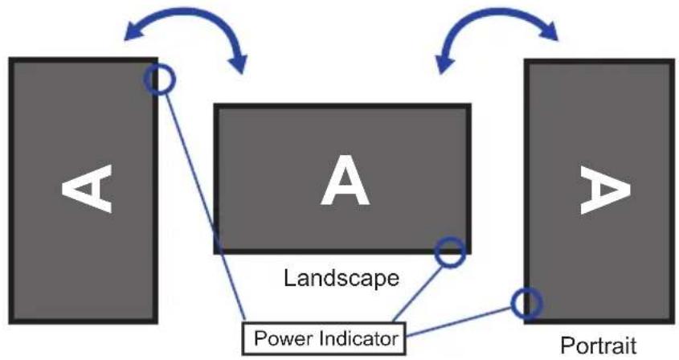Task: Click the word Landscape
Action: point(342,279)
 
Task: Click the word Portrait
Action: point(599,346)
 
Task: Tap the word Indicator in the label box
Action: point(358,338)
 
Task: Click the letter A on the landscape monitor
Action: point(345,181)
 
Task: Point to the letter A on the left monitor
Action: point(87,189)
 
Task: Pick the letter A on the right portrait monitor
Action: point(605,190)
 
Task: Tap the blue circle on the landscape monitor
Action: point(450,239)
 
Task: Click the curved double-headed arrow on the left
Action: point(186,10)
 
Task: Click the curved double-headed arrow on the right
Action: point(498,10)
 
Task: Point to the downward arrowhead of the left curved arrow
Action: point(238,64)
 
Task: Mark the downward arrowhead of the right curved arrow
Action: point(444,64)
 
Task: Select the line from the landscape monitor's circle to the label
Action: point(419,294)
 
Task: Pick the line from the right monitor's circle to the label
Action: point(459,321)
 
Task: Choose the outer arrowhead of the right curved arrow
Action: point(548,31)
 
